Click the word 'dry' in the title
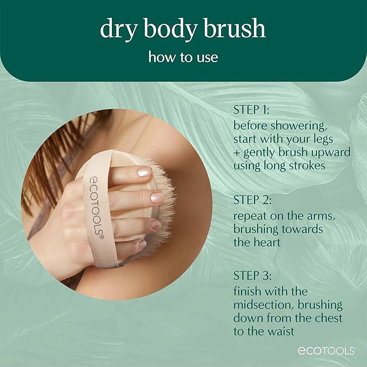point(115,30)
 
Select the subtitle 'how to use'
point(183,57)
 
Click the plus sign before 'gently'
point(237,153)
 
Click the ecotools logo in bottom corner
point(326,351)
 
